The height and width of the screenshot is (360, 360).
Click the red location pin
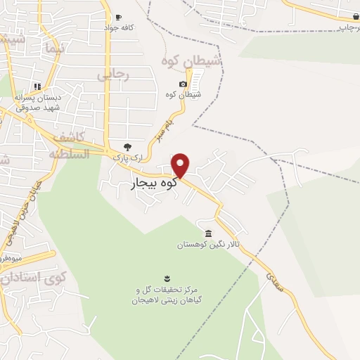tap(181, 165)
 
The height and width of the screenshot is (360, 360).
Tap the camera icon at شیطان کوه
tap(184, 84)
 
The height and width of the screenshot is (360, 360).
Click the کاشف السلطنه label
tap(67, 144)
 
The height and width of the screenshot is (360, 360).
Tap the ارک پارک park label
tap(127, 160)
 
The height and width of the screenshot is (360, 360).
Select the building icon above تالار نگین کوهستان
tap(208, 233)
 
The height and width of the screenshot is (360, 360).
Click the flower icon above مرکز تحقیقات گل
tap(167, 278)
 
